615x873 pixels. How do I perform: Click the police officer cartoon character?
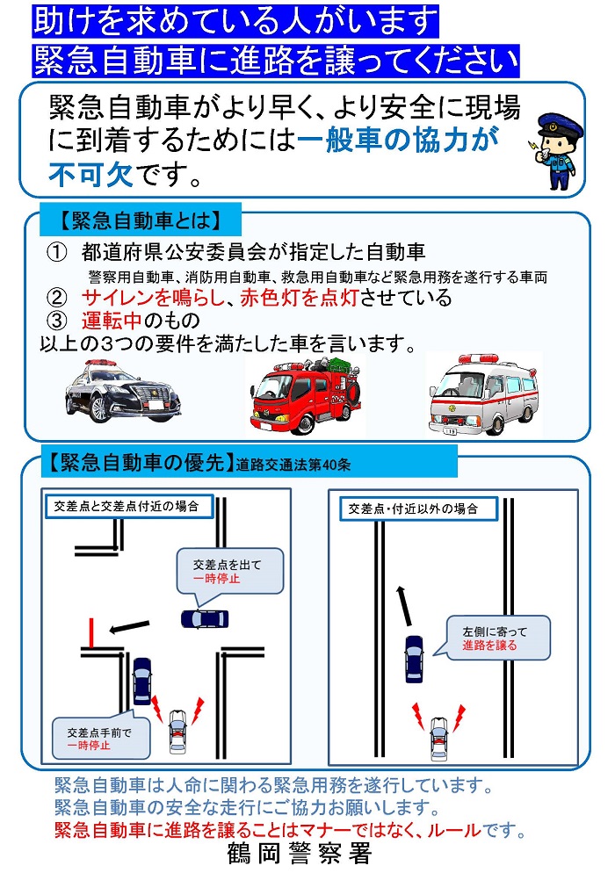[557, 150]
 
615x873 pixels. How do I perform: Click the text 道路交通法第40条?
[292, 465]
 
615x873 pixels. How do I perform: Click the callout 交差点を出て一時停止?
[231, 572]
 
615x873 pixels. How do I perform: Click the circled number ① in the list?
[57, 254]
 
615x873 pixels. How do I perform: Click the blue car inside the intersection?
[204, 618]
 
